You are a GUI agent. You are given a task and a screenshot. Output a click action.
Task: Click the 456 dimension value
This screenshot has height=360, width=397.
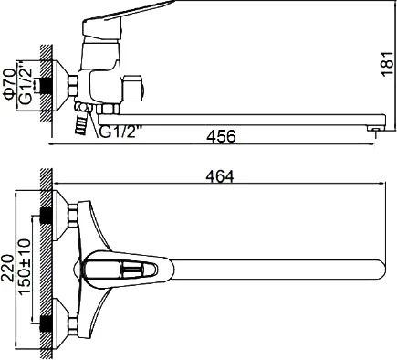point(221,136)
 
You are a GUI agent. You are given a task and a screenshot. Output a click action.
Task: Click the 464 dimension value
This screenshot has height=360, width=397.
point(220,176)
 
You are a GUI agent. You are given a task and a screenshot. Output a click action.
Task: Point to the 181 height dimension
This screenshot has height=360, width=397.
point(389,64)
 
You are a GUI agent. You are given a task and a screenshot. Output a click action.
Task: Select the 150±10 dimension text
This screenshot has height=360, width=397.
point(25,267)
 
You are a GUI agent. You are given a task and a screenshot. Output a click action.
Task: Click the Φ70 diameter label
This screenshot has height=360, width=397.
point(9,84)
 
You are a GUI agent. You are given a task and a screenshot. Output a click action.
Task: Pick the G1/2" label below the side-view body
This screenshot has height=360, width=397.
point(120,132)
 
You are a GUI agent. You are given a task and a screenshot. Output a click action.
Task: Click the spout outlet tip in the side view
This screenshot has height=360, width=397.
point(376,129)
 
